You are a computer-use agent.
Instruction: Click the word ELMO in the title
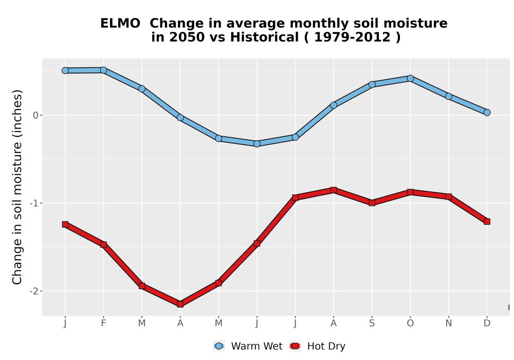[x=120, y=24]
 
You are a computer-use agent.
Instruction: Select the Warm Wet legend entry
[x=248, y=346]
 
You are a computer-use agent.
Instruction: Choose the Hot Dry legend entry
[x=317, y=346]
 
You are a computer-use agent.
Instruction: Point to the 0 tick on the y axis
[x=36, y=115]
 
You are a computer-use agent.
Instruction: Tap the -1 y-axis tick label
[x=34, y=203]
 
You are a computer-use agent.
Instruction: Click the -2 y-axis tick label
[x=34, y=291]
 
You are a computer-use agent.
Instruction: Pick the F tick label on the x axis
[x=104, y=323]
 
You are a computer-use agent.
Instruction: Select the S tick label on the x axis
[x=372, y=323]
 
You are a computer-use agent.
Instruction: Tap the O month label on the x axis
[x=410, y=323]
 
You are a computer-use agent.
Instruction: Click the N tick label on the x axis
[x=448, y=323]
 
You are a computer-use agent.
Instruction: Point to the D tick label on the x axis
[x=487, y=323]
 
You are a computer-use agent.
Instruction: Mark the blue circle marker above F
[x=104, y=70]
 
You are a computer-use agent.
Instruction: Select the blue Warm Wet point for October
[x=410, y=78]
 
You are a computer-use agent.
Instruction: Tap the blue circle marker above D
[x=487, y=113]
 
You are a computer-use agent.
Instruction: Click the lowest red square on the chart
[x=180, y=304]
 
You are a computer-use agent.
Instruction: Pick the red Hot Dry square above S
[x=372, y=203]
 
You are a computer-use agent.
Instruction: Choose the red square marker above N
[x=448, y=197]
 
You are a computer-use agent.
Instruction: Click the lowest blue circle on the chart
[x=257, y=143]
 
